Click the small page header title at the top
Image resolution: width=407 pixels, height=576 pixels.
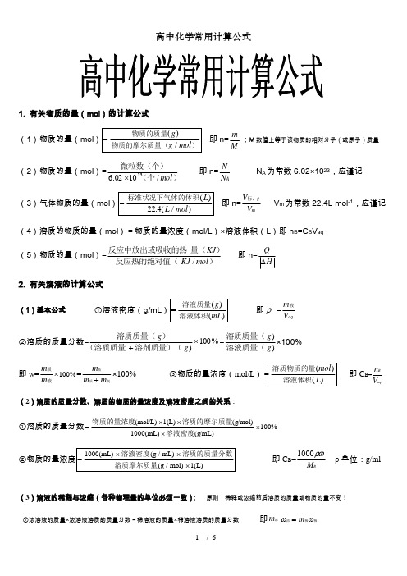pyautogui.click(x=203, y=36)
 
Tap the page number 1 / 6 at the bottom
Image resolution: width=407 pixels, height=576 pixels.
pyautogui.click(x=203, y=560)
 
